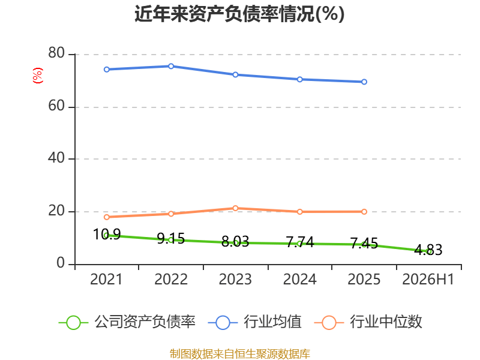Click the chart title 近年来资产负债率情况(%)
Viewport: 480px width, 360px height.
pos(239,14)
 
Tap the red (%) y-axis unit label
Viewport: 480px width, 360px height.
pos(38,76)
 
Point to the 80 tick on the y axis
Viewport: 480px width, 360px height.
pos(56,53)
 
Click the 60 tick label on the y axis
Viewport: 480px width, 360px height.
pos(56,106)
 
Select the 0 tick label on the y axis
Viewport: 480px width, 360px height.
pos(61,263)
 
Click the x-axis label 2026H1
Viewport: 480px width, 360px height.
pos(428,279)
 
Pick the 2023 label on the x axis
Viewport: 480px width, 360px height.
pos(235,279)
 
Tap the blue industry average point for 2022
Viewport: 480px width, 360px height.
pos(171,66)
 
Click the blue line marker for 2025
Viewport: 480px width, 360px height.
pos(364,82)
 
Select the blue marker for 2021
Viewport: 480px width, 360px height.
pos(107,70)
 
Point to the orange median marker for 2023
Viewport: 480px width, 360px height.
pos(235,208)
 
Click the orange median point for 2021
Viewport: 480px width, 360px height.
pos(107,217)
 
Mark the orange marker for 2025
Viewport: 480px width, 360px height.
pos(364,212)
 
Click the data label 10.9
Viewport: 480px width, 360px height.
pos(107,235)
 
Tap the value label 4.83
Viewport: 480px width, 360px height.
pos(428,250)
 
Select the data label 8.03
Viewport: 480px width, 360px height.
pos(235,242)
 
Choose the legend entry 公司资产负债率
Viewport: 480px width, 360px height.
pos(127,322)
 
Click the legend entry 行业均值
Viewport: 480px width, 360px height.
pos(254,322)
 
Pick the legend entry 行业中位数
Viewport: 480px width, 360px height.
pos(368,322)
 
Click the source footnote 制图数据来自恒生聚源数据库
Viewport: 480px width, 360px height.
pos(240,354)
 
